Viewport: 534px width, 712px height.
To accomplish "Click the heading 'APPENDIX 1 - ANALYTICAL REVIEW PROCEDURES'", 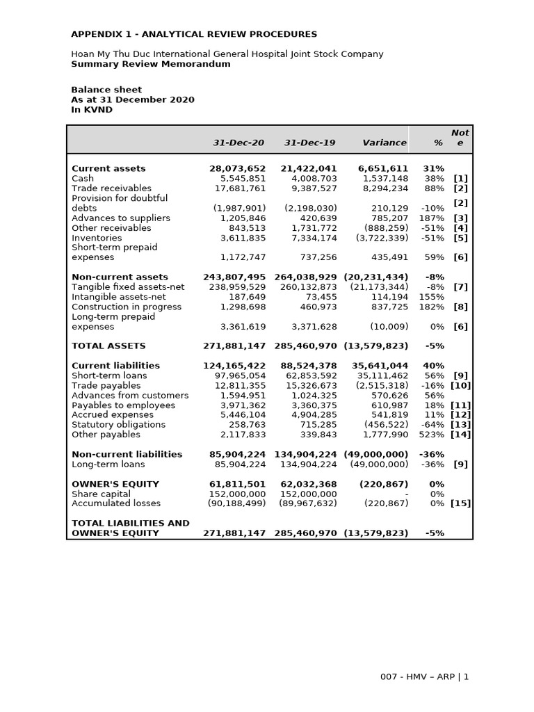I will [x=194, y=34].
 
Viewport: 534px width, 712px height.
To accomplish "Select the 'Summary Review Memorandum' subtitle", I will [x=151, y=64].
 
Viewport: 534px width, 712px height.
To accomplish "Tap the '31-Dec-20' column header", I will [x=238, y=143].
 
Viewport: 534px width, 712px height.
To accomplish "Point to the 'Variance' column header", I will [x=385, y=143].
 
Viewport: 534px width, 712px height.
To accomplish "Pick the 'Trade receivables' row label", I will [x=111, y=188].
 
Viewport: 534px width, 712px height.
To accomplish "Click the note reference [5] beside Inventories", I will [x=461, y=238].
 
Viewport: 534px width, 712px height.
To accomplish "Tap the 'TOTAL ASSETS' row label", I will [x=108, y=346].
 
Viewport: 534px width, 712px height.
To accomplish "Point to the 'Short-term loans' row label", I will [x=109, y=375].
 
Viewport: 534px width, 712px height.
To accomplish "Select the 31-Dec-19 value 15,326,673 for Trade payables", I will [x=308, y=385].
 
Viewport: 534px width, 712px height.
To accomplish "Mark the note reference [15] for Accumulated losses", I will [x=460, y=503].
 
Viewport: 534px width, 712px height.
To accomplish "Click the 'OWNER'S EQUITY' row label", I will [x=115, y=484].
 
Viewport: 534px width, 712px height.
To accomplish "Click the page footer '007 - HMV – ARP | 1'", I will [x=424, y=677].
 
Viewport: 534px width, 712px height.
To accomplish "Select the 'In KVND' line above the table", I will [x=92, y=110].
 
